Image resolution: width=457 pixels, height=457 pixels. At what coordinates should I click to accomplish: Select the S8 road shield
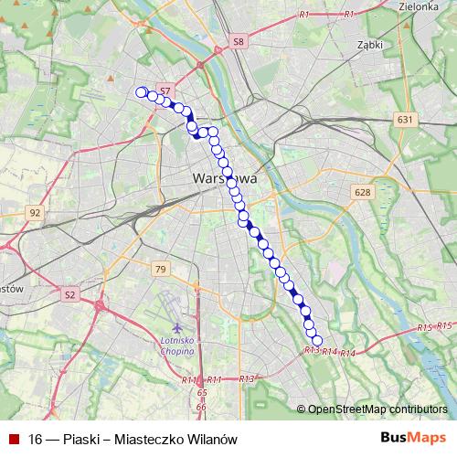[x=239, y=41]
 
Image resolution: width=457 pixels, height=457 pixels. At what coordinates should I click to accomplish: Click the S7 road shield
[x=165, y=90]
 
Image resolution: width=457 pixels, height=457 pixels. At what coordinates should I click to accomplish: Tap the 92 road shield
[x=36, y=213]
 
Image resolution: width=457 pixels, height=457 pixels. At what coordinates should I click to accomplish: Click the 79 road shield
[x=161, y=269]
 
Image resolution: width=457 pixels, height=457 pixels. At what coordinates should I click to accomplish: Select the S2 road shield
[x=71, y=294]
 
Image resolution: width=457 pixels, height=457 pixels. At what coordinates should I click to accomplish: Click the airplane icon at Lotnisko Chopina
[x=176, y=327]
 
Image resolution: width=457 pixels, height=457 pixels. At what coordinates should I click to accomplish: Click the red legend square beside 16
[x=13, y=439]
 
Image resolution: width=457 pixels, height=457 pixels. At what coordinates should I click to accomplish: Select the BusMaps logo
[x=413, y=438]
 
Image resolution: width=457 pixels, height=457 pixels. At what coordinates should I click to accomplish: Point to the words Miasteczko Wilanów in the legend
[x=175, y=439]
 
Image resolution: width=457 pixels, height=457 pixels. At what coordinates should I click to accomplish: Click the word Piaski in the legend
[x=80, y=439]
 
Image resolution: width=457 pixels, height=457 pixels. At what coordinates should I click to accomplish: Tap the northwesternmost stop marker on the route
[x=141, y=91]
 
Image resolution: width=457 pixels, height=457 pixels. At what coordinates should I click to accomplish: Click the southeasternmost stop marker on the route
[x=317, y=341]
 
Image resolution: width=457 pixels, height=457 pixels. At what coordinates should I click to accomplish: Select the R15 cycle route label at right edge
[x=445, y=324]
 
